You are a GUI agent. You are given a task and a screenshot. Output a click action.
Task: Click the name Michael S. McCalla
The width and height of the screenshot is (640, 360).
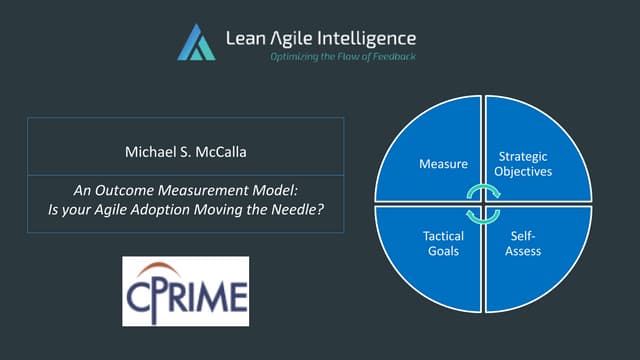pos(185,154)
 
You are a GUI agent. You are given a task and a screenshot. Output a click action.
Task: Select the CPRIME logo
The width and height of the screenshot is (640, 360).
pos(185,291)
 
